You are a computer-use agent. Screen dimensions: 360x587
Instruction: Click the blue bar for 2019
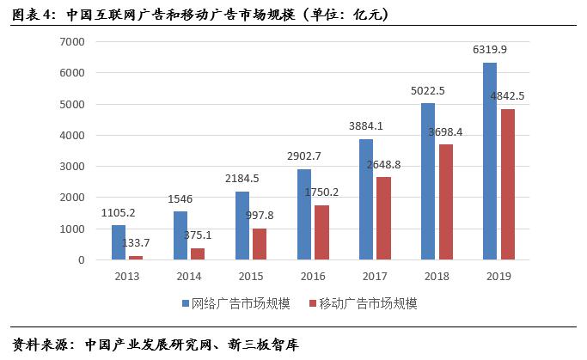pyautogui.click(x=490, y=161)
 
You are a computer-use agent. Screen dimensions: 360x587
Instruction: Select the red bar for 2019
pyautogui.click(x=509, y=184)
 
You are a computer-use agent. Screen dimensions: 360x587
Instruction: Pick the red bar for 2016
pyautogui.click(x=323, y=232)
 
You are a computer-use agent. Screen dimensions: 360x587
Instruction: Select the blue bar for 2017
pyautogui.click(x=366, y=198)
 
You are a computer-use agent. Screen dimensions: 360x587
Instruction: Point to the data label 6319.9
pyautogui.click(x=489, y=50)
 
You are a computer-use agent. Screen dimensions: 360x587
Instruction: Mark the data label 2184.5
pyautogui.click(x=242, y=179)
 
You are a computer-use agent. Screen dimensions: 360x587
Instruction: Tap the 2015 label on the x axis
pyautogui.click(x=250, y=277)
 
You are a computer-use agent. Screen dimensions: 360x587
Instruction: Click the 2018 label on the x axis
pyautogui.click(x=437, y=277)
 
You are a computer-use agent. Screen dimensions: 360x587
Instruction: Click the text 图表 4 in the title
pyautogui.click(x=32, y=12)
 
